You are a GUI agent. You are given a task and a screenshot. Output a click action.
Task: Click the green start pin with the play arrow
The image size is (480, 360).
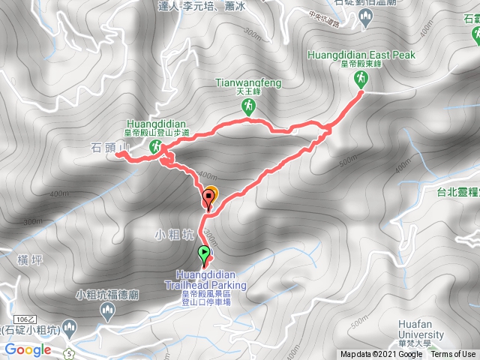[x=204, y=254]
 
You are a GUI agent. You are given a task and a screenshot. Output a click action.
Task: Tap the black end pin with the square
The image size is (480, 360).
[x=208, y=197]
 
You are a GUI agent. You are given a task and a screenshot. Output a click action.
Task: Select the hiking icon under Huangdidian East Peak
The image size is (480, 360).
[x=360, y=85]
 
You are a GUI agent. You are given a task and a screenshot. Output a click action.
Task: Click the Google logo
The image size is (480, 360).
[x=27, y=349]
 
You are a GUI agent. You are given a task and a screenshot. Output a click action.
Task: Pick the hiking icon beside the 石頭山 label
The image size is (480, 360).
[x=154, y=147]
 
